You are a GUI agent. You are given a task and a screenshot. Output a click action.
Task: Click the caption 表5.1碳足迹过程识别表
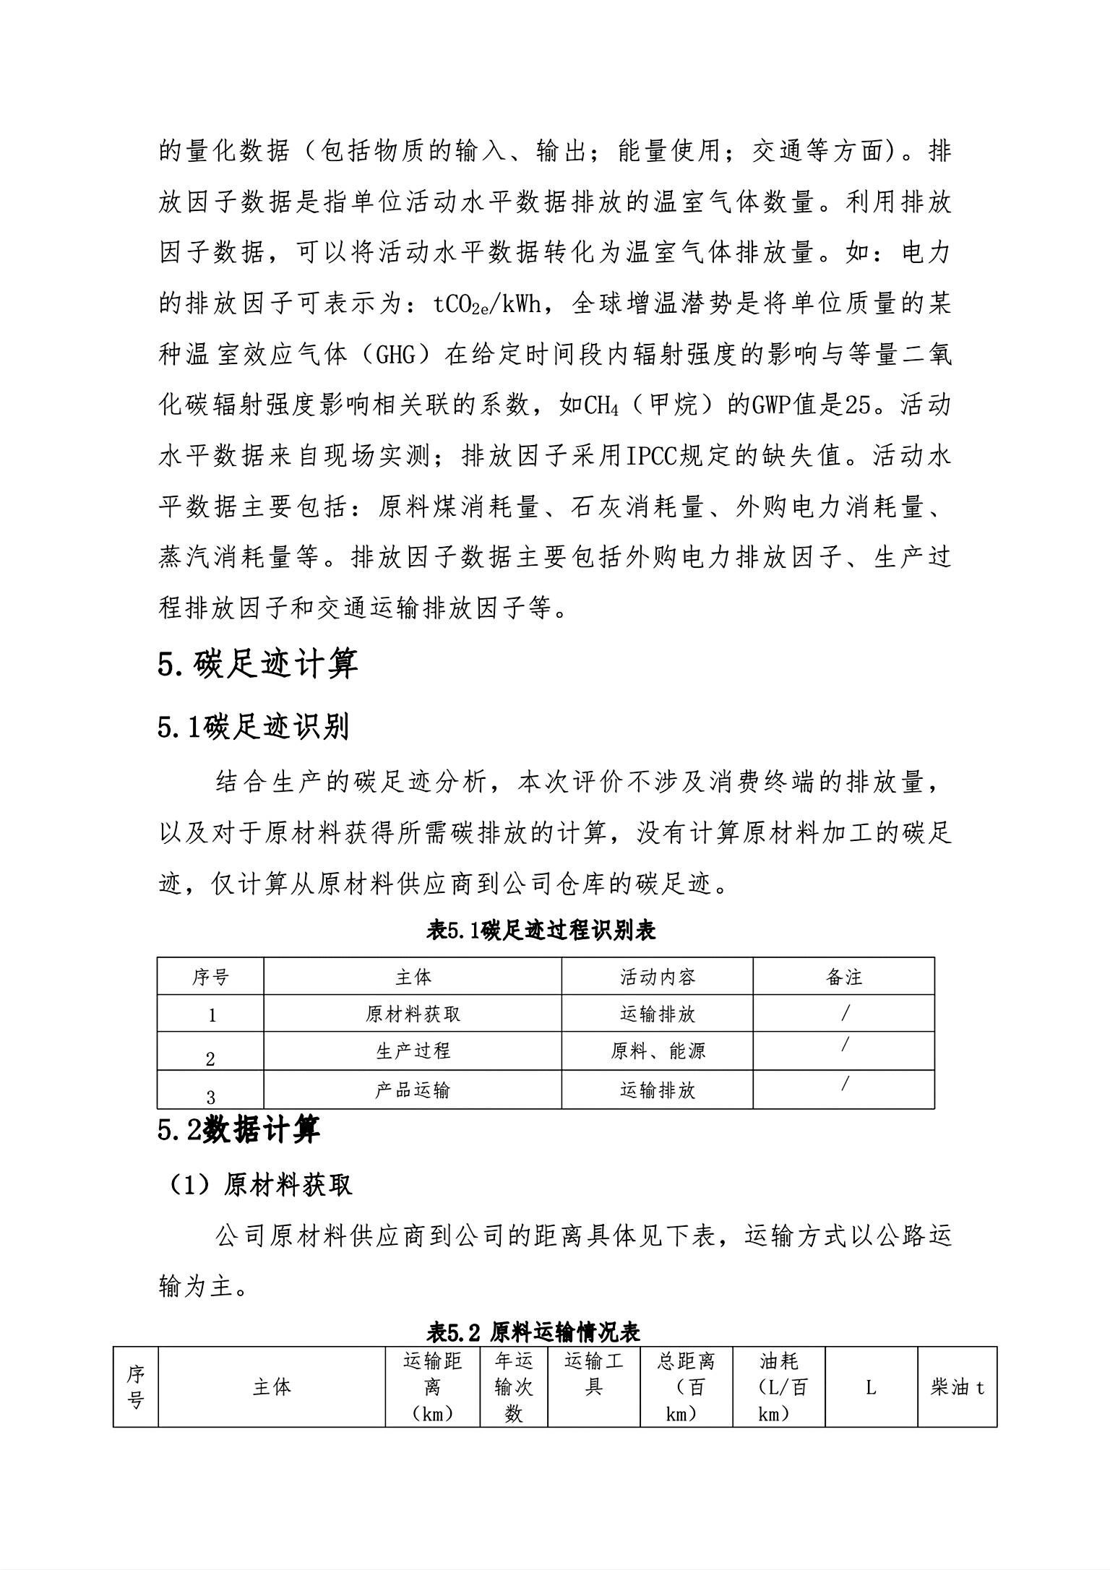click(541, 931)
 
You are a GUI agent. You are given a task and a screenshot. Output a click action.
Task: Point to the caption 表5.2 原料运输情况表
click(533, 1330)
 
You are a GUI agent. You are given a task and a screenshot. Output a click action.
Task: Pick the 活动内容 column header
click(657, 978)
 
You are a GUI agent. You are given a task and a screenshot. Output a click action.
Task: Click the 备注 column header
click(843, 978)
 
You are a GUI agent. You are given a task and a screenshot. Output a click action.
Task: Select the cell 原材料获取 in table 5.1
click(413, 1014)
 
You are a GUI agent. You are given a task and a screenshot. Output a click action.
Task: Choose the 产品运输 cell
click(413, 1090)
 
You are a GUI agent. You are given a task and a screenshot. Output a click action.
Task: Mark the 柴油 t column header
click(957, 1387)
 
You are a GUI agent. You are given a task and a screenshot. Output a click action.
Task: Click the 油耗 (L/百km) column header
click(778, 1387)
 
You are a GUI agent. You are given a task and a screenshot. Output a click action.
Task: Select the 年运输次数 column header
click(514, 1387)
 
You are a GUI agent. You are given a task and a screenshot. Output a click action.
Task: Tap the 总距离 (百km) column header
click(686, 1387)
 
